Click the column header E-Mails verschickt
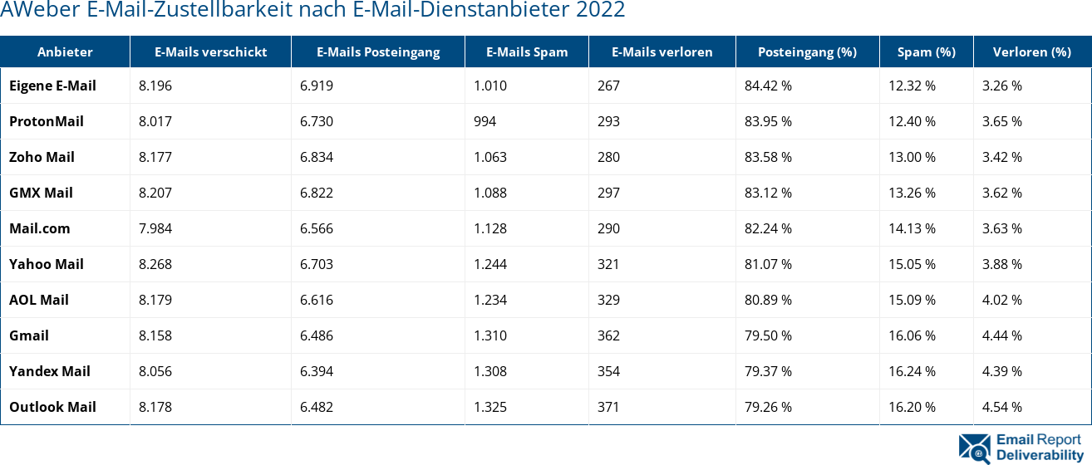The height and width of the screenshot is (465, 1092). coord(210,51)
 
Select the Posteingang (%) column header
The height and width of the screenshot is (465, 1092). coord(807,51)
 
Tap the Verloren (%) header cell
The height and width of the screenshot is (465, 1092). coord(1031,51)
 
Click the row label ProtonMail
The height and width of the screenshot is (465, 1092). coord(47,121)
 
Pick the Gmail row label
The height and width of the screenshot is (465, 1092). coord(29,335)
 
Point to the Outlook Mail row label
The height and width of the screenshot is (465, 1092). coord(52,407)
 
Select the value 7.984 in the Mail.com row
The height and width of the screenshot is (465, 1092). coord(155,228)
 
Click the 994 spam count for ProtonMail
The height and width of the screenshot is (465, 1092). coord(485,121)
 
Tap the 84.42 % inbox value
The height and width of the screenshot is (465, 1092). coord(768,86)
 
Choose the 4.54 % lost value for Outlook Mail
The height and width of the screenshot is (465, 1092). coord(1001,407)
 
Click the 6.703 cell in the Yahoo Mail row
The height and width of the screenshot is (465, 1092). coord(317,264)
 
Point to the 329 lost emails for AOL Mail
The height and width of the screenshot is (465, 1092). coord(609,300)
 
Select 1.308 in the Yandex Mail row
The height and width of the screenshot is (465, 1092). coord(489,371)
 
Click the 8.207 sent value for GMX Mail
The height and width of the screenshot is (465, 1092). coord(155,193)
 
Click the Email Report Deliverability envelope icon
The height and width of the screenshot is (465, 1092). coord(975,448)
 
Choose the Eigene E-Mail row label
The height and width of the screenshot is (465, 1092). coord(52,86)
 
